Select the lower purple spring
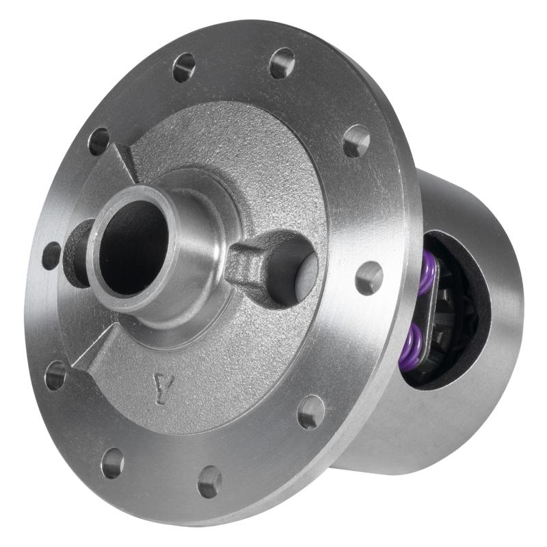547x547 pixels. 412,342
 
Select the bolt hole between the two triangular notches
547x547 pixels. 51,256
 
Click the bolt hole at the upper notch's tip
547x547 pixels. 100,141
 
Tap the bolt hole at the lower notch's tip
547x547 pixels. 55,375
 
